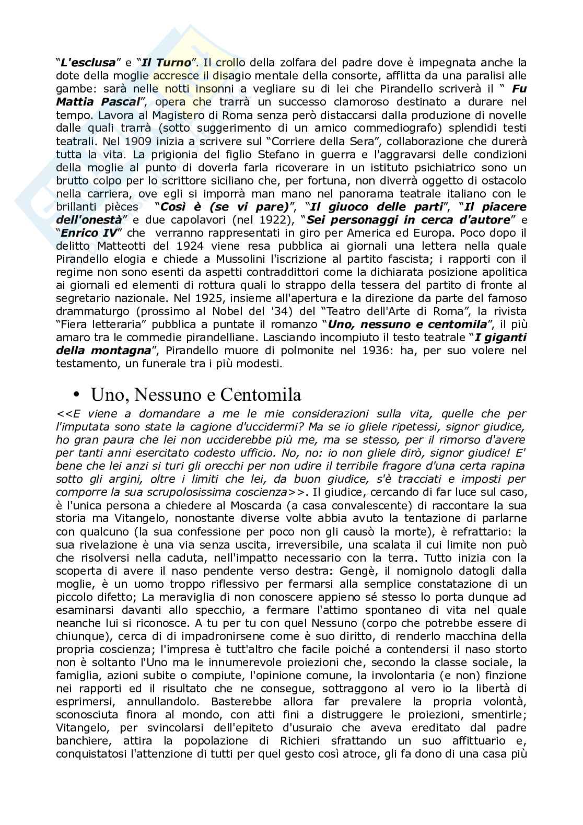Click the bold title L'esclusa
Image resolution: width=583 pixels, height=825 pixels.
pos(86,63)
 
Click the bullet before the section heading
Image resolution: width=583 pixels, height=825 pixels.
pos(77,393)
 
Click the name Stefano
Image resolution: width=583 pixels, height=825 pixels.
pos(280,154)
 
